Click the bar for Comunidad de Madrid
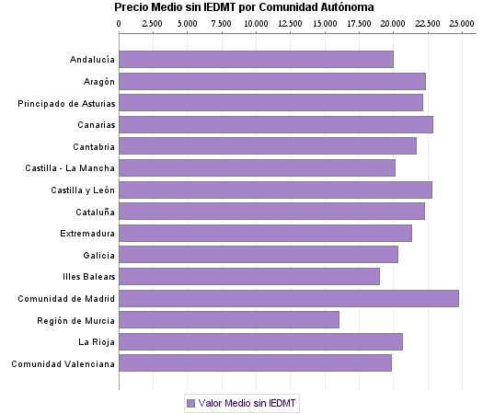(x=288, y=298)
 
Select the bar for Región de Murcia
(x=228, y=320)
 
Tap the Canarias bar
(x=275, y=124)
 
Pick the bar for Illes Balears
(x=248, y=276)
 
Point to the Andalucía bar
(x=256, y=60)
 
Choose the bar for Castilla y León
(x=275, y=190)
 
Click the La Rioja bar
(x=260, y=342)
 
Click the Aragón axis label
(x=98, y=82)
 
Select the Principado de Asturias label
(x=66, y=103)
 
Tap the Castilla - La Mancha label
(x=70, y=168)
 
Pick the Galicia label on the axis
(x=98, y=255)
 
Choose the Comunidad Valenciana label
(x=63, y=363)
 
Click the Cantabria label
(x=94, y=146)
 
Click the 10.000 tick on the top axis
(x=256, y=22)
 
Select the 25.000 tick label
(x=461, y=22)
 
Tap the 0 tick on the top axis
(x=120, y=22)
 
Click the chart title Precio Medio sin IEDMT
(x=244, y=7)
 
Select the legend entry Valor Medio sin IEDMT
(x=243, y=403)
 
